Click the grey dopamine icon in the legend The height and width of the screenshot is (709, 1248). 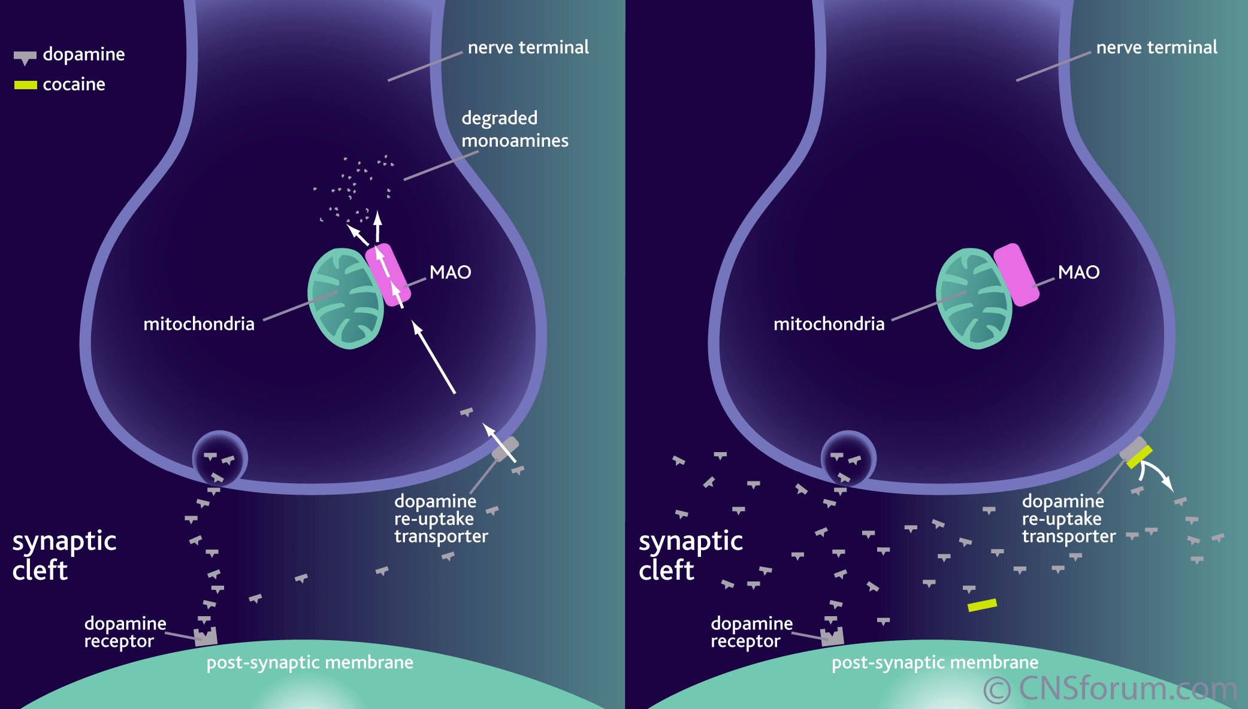point(25,57)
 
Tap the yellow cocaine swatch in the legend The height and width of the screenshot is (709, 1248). point(26,85)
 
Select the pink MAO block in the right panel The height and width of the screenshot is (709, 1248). point(1017,275)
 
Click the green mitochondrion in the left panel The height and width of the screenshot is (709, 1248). point(346,298)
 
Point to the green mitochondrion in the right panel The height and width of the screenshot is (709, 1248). point(974,298)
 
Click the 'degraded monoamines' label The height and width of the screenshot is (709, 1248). point(515,129)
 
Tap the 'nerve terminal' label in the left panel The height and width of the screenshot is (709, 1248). point(528,47)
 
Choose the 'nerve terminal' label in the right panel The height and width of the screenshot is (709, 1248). point(1156,47)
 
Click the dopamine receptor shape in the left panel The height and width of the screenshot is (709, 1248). point(206,637)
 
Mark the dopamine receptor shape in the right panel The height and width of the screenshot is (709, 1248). point(832,637)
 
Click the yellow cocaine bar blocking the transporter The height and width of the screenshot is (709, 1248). point(1139,456)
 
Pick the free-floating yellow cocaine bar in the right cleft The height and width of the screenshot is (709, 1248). point(983,605)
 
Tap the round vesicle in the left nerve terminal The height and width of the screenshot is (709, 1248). point(220,459)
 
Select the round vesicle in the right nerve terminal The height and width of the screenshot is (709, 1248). point(848,459)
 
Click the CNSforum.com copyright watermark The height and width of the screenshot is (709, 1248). point(1111,689)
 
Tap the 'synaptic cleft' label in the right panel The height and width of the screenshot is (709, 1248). point(691,555)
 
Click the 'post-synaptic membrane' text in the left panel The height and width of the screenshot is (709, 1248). point(310,663)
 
